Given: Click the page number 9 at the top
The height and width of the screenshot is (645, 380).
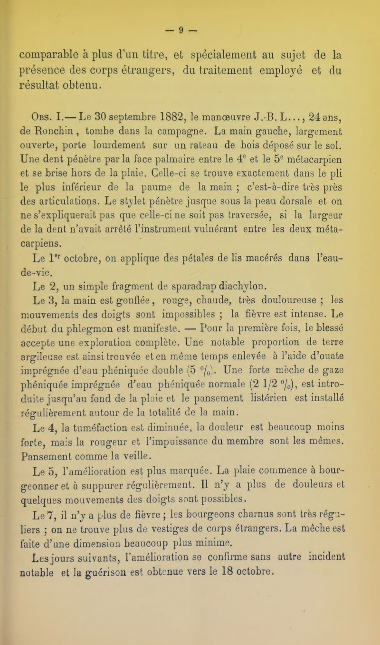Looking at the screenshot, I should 190,9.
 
